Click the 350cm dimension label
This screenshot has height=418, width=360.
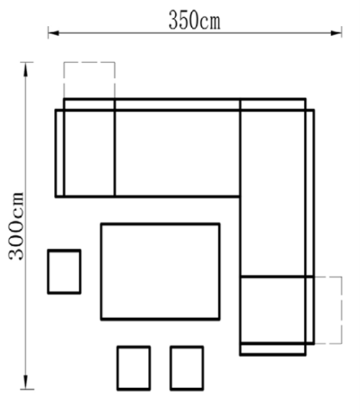(x=195, y=20)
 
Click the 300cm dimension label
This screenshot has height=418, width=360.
(x=17, y=226)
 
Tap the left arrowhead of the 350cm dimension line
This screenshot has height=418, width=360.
(x=53, y=33)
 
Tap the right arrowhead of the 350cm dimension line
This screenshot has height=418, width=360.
(x=336, y=33)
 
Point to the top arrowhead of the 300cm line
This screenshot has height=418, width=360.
(x=26, y=70)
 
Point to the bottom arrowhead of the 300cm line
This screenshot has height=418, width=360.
(x=26, y=382)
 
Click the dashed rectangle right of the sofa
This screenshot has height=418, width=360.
(x=341, y=310)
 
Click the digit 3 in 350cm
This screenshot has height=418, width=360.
(x=174, y=20)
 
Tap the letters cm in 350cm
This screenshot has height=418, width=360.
(x=210, y=23)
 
